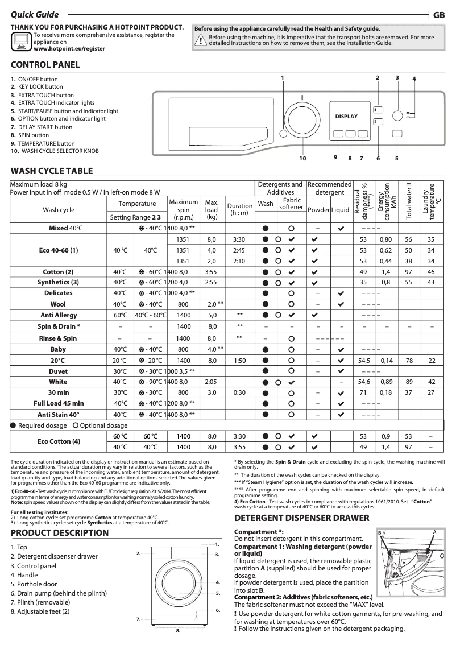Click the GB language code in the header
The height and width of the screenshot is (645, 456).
click(x=438, y=16)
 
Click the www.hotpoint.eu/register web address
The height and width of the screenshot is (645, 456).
click(x=69, y=49)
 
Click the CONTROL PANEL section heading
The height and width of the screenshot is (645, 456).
click(x=45, y=65)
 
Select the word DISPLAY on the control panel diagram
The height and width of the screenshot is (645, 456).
click(x=346, y=117)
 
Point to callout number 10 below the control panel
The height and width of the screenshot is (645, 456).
click(x=302, y=158)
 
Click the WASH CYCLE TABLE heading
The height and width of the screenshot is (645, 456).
click(x=52, y=171)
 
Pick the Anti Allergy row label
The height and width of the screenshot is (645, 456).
click(x=59, y=315)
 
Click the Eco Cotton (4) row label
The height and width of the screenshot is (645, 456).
click(x=59, y=441)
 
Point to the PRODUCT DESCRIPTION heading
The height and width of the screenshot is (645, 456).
click(x=60, y=533)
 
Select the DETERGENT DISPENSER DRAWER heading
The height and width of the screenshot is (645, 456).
click(x=302, y=518)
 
